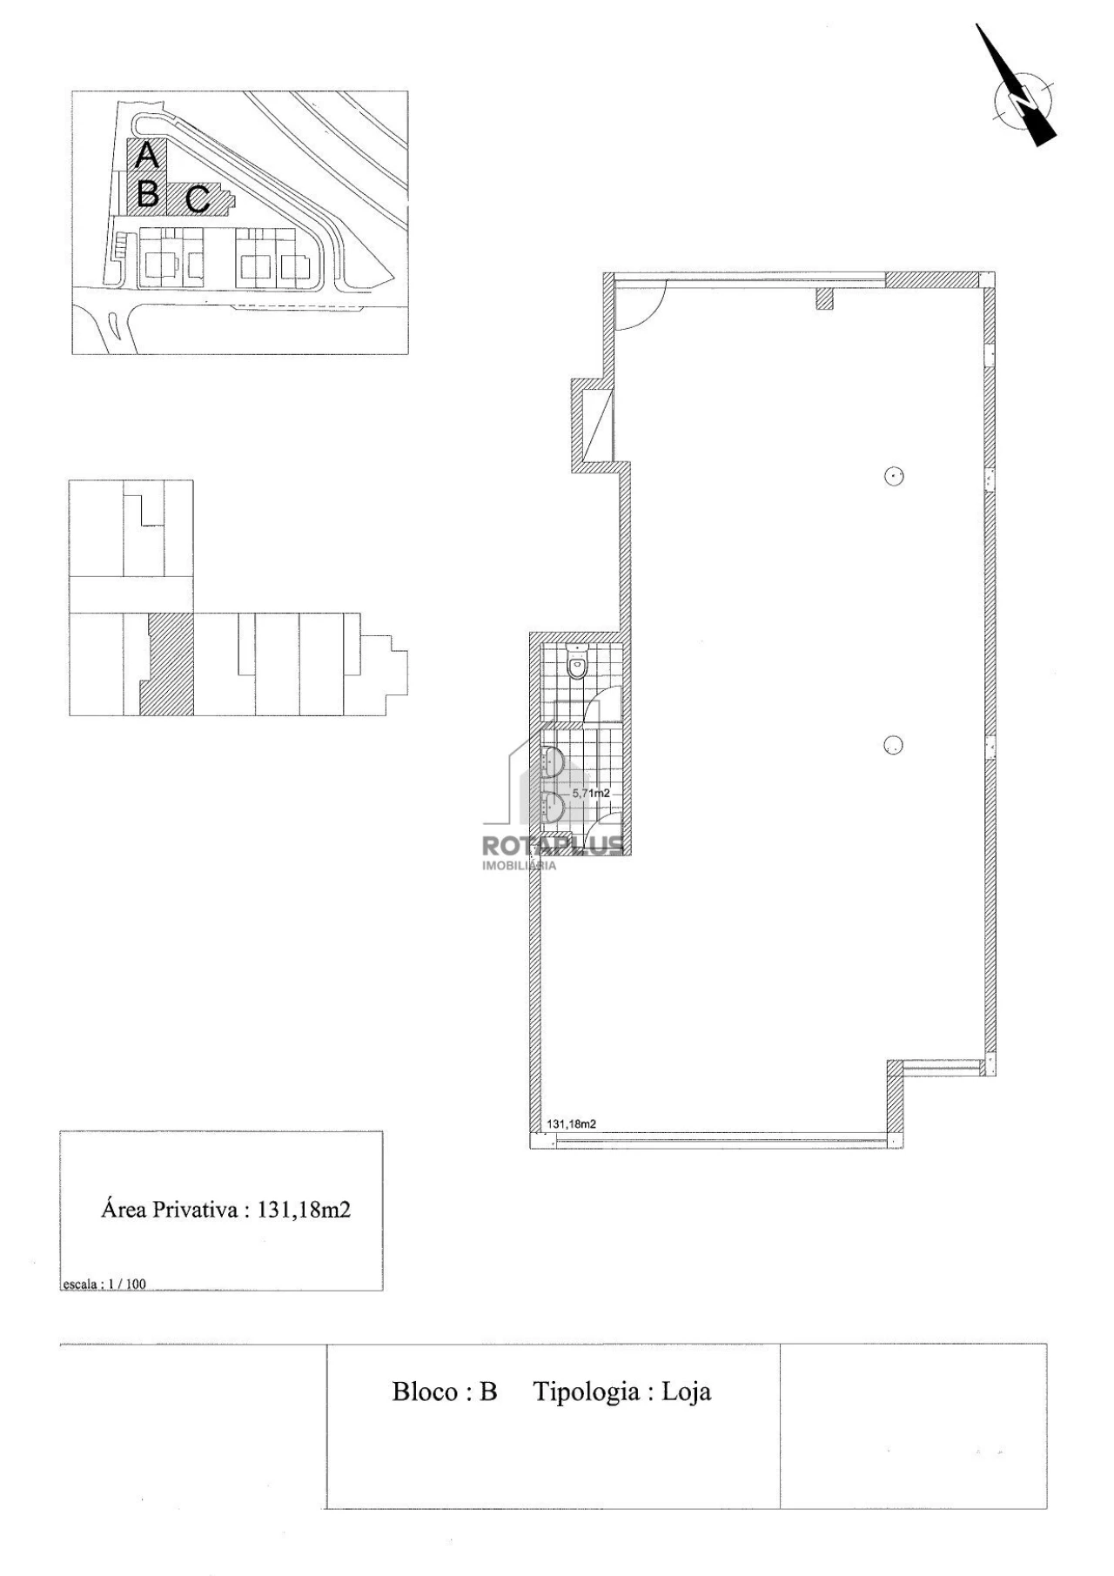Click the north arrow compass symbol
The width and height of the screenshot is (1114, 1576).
pos(1020,94)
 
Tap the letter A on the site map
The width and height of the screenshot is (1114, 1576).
pos(147,155)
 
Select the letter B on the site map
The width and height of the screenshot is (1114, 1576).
pos(148,193)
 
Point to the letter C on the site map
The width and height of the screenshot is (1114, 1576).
pos(198,199)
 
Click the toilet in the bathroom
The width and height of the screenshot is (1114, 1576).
pos(577,661)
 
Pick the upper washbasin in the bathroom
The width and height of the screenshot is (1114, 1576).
pos(553,761)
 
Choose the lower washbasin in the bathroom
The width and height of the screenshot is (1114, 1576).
pos(553,807)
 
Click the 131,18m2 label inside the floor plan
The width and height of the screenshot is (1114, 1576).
pos(571,1123)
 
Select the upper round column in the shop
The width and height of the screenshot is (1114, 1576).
pos(894,476)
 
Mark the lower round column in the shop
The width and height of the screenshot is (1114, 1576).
pos(893,745)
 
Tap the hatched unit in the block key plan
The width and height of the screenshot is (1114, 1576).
pos(168,664)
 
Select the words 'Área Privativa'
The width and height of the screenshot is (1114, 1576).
pos(171,1210)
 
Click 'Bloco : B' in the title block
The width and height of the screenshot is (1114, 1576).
pos(445,1392)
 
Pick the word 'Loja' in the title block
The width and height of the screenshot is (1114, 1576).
pos(687,1392)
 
